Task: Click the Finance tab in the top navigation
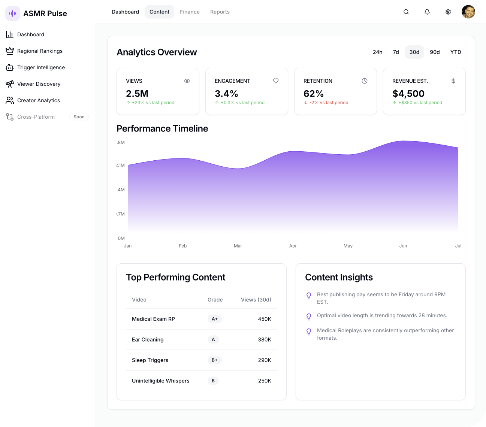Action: click(x=190, y=12)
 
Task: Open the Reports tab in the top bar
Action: click(x=220, y=12)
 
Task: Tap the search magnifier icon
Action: click(x=406, y=12)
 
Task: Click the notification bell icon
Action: click(x=427, y=12)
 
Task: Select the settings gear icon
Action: click(x=448, y=12)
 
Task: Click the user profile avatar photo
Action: click(x=468, y=12)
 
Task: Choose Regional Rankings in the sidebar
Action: click(x=40, y=51)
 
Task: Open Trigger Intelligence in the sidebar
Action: click(x=41, y=67)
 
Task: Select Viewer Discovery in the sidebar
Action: click(x=39, y=84)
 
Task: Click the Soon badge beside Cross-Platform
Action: click(x=79, y=117)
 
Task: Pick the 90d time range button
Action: click(x=435, y=52)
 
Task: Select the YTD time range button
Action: click(x=456, y=52)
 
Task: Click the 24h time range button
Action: click(x=377, y=52)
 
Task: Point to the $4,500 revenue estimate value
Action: click(x=408, y=94)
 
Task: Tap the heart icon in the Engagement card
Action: click(x=276, y=81)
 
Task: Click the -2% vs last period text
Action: click(x=329, y=103)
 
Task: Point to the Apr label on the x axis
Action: click(x=293, y=246)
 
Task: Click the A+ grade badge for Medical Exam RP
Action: click(x=215, y=319)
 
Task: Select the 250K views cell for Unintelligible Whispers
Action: click(x=265, y=381)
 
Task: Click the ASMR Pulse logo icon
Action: click(x=13, y=13)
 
